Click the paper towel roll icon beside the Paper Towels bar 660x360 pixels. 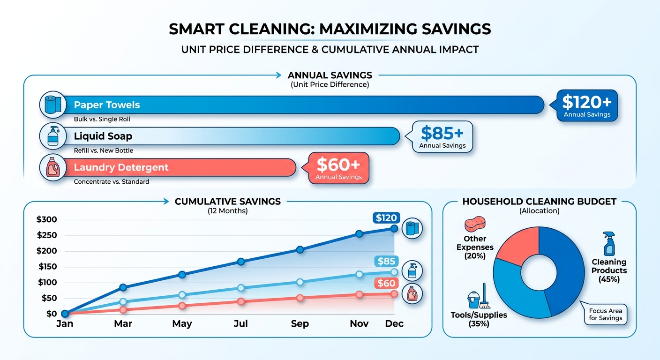point(53,105)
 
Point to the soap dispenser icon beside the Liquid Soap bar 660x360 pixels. point(53,136)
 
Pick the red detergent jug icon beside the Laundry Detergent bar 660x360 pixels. point(53,167)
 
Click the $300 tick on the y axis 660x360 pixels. point(46,219)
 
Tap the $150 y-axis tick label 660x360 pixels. point(47,267)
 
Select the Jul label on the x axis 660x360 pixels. point(241,323)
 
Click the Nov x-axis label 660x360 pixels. point(359,323)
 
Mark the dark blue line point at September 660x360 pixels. point(300,250)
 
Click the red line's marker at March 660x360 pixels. point(123,310)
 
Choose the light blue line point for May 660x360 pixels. point(182,294)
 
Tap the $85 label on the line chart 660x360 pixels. point(386,261)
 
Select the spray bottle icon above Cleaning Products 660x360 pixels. point(609,244)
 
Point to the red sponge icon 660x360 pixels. point(475,224)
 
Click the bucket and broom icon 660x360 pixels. point(479,296)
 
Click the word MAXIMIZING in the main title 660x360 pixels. point(368,29)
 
